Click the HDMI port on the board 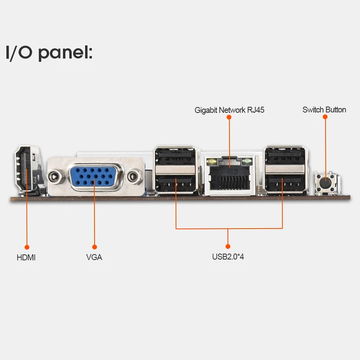click(x=27, y=171)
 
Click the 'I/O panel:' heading click(x=49, y=52)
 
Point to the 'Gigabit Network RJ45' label click(x=229, y=110)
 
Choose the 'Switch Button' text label click(x=324, y=110)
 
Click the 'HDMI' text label click(x=26, y=258)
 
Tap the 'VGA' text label click(x=94, y=258)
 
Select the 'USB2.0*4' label click(x=228, y=258)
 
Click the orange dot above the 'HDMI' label click(x=27, y=247)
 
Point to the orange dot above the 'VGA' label click(x=94, y=247)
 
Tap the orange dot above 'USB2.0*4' click(x=228, y=246)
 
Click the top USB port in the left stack click(x=176, y=159)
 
